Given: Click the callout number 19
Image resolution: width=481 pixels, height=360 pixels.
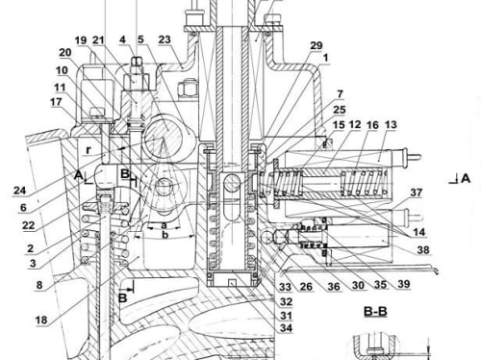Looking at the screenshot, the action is click(81, 40).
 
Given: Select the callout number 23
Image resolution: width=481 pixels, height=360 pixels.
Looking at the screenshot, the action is click(165, 39).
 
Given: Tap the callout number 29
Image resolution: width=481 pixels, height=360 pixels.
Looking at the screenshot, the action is click(316, 45).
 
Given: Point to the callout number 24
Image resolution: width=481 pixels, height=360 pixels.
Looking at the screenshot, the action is click(19, 191).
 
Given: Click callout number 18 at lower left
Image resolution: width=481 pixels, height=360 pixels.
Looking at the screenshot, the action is click(41, 320).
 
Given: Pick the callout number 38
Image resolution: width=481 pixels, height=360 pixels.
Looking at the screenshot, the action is click(423, 249).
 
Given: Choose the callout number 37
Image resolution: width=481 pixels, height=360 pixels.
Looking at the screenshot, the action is click(416, 193).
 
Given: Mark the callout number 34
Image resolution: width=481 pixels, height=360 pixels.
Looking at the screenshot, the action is click(286, 328).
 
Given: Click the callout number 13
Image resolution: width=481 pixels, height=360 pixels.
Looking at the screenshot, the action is click(391, 125).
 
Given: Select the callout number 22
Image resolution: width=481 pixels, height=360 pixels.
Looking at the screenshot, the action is click(28, 225).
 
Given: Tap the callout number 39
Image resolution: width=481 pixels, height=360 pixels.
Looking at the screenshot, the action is click(404, 284).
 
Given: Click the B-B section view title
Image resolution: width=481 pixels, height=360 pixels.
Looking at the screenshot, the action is click(375, 311).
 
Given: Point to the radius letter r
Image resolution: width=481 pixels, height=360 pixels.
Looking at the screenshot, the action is click(89, 150).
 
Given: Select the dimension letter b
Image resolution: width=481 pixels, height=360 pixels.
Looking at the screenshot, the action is click(165, 235).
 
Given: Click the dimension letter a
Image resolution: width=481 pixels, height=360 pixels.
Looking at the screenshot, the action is click(164, 225).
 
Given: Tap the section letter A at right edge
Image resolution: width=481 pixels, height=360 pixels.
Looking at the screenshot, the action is click(466, 178).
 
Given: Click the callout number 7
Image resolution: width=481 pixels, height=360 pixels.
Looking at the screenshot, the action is click(340, 94).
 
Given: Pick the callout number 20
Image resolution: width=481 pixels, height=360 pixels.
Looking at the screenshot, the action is click(64, 52).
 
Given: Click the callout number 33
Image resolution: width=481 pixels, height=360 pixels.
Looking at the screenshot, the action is click(285, 287).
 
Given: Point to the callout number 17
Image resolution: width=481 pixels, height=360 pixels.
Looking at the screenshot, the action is click(56, 102).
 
